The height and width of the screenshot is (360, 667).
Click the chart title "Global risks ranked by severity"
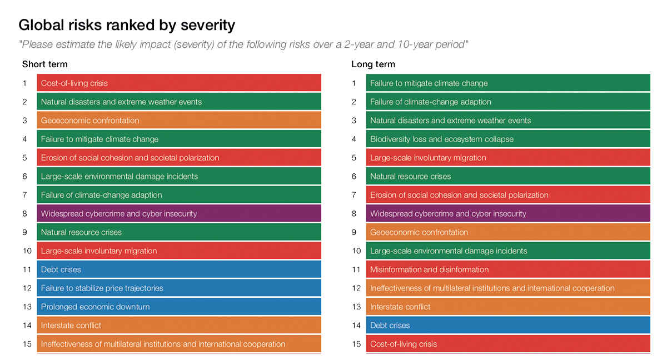[127, 25]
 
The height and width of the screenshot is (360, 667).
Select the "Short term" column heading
[44, 64]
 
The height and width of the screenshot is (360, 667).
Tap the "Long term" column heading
[373, 64]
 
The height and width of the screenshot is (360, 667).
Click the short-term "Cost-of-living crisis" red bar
[179, 83]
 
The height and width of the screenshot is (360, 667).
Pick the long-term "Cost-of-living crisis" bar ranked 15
[508, 344]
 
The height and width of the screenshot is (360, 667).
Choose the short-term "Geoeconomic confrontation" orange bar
[179, 121]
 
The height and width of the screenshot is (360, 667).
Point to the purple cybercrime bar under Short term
[179, 213]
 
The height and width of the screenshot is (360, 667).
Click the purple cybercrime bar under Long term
[508, 213]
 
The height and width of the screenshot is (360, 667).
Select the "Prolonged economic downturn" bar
[179, 307]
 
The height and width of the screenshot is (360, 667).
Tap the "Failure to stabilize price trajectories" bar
[179, 288]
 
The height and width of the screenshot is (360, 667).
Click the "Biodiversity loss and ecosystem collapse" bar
[508, 139]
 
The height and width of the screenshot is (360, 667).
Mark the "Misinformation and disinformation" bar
[508, 269]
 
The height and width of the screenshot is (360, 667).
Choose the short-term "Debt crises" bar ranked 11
[179, 269]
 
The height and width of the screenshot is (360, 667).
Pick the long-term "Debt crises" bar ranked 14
[508, 325]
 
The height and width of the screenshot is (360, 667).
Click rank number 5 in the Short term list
[25, 158]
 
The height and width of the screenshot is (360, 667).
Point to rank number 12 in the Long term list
[356, 288]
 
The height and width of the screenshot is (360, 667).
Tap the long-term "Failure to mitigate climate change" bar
[508, 83]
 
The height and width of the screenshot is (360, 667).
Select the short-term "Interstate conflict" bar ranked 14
[179, 325]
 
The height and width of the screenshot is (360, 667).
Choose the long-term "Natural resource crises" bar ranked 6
[508, 176]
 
